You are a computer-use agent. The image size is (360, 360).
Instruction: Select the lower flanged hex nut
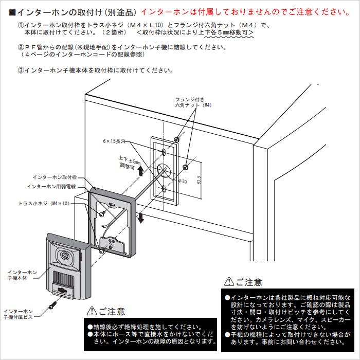pos(186,168)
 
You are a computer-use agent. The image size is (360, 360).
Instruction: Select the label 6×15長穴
pos(114,140)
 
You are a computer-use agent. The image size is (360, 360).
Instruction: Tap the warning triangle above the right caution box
pos(229,282)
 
